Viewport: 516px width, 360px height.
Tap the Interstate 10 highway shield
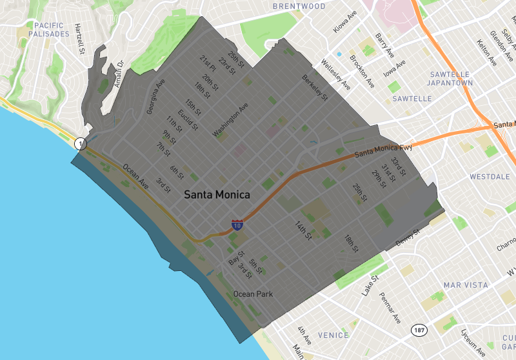237,225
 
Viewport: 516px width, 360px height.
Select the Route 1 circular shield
80,143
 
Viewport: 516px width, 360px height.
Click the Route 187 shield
419,330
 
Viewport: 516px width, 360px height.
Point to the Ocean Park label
253,294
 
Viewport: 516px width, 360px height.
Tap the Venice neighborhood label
333,335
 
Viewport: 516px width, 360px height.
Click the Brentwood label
299,6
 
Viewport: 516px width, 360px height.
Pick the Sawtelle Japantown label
451,78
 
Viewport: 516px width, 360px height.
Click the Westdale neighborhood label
490,176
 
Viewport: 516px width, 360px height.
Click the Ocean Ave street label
135,176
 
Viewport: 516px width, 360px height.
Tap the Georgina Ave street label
155,97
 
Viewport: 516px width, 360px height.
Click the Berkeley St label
315,88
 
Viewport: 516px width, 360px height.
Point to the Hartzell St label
79,39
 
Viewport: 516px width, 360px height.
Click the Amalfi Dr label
116,75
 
